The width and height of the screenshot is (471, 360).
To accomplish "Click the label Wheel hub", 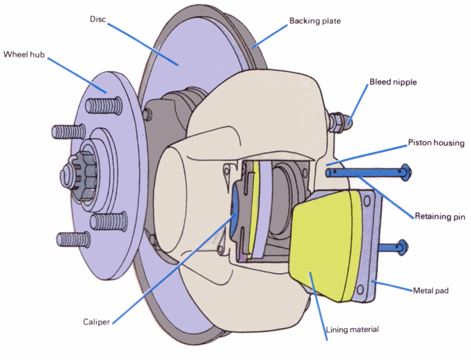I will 24,54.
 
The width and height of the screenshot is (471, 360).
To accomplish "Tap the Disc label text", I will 98,19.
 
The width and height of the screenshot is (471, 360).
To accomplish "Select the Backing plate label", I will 315,21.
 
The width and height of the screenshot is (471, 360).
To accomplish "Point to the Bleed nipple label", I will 393,82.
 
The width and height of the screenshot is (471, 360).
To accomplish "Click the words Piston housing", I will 436,143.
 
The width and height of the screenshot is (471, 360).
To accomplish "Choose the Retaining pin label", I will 440,216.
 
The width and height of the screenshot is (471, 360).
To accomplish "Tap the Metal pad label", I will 431,291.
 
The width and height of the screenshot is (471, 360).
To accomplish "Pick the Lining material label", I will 352,329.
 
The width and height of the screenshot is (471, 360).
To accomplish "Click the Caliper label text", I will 96,322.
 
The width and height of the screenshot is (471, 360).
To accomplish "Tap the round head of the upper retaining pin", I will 406,173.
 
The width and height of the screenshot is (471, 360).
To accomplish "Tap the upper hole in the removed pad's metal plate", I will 367,202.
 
